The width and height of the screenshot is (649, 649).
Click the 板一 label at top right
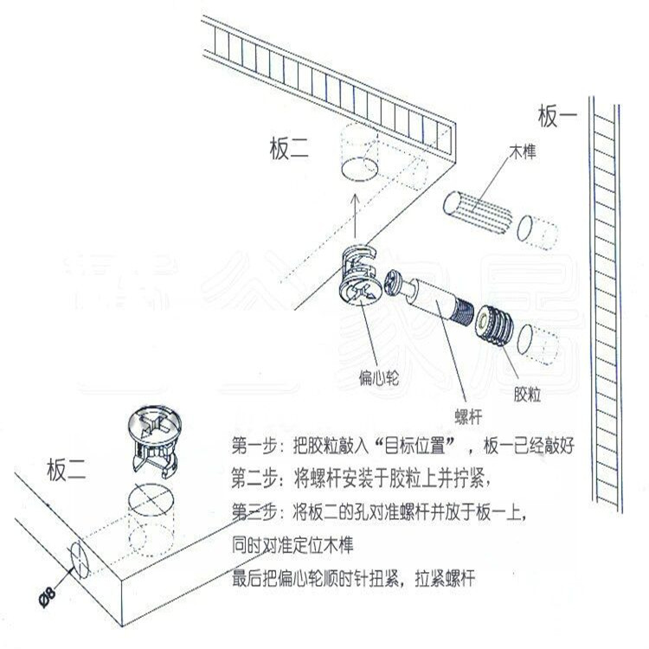tap(558, 115)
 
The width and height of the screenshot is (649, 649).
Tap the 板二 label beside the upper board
tap(288, 149)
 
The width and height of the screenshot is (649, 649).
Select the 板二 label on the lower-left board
tap(67, 472)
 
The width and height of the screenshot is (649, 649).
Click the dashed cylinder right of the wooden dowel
tap(537, 230)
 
